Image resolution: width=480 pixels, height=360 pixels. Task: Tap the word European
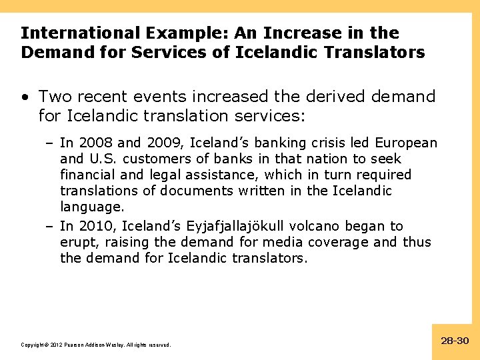[x=406, y=143]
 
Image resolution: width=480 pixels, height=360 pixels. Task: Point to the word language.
[x=91, y=207]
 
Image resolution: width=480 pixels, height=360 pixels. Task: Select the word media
[x=277, y=242]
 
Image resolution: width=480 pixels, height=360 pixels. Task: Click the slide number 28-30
[x=455, y=341]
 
